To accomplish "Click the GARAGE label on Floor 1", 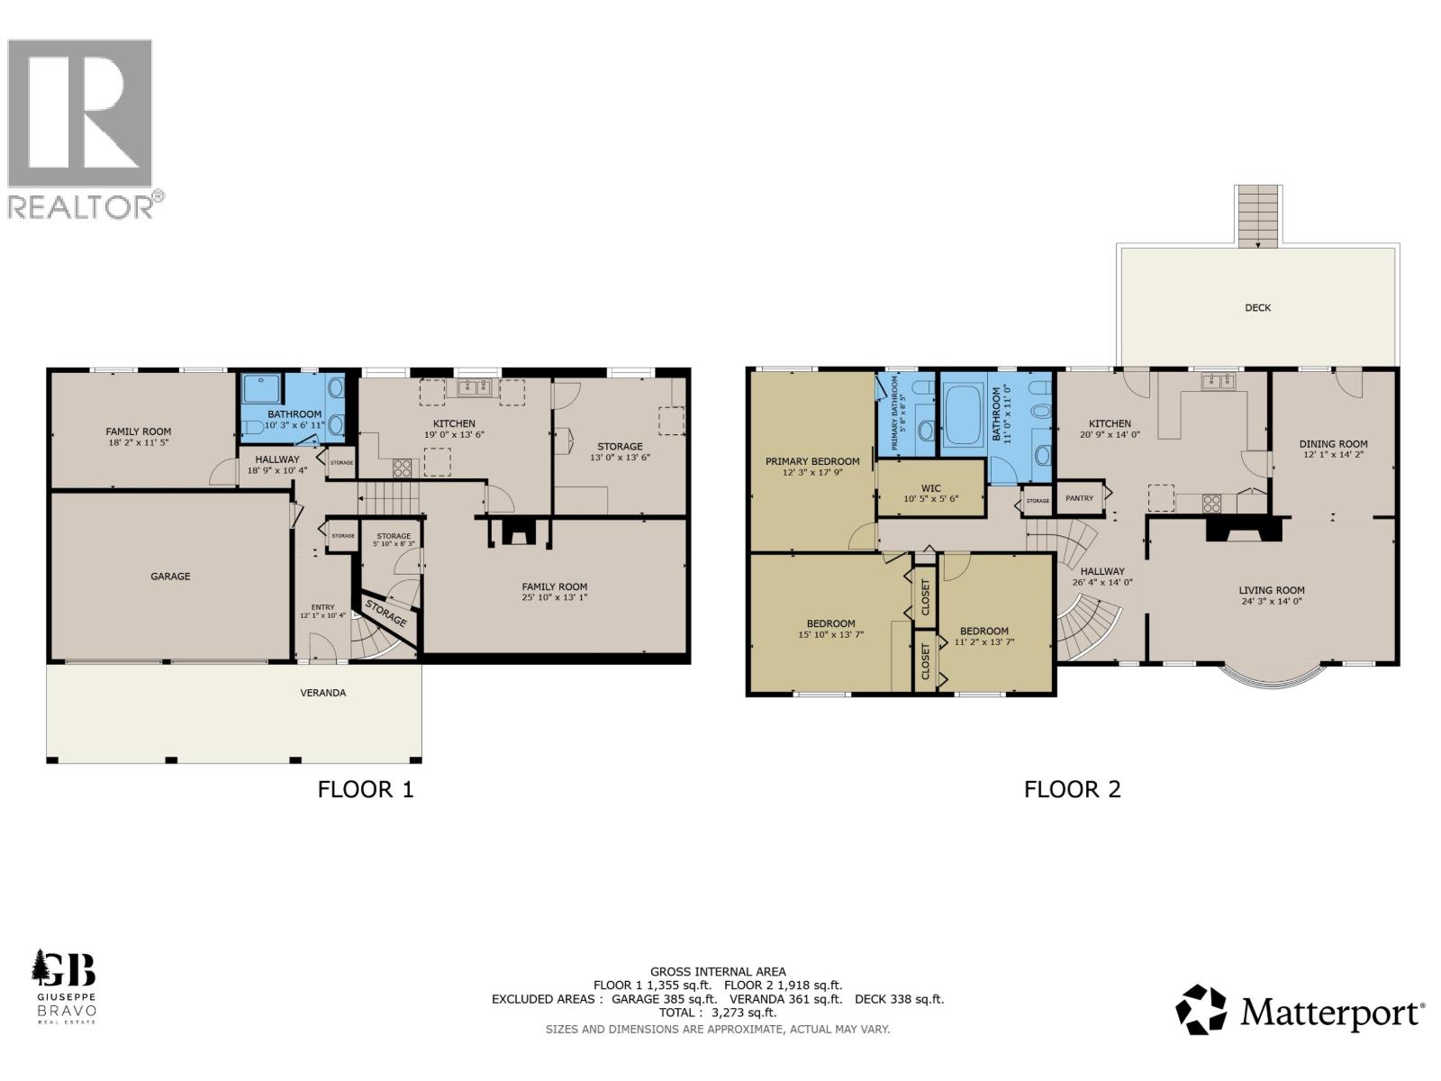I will (170, 577).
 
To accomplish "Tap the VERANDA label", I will (322, 693).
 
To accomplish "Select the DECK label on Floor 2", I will (1257, 308).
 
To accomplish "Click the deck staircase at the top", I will (1257, 216).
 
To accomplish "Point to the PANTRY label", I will (1079, 498).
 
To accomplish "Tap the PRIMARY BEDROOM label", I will (812, 461).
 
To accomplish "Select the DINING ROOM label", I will (1333, 444).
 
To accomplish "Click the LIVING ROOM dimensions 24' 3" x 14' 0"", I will (1271, 603).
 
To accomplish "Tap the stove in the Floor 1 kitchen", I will (402, 468).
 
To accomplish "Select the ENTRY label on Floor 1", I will (322, 607).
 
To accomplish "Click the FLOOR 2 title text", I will (1072, 790).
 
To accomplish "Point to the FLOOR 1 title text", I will (365, 790).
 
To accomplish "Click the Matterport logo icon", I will (1201, 1010).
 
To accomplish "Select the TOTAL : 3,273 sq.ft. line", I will (717, 1013).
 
